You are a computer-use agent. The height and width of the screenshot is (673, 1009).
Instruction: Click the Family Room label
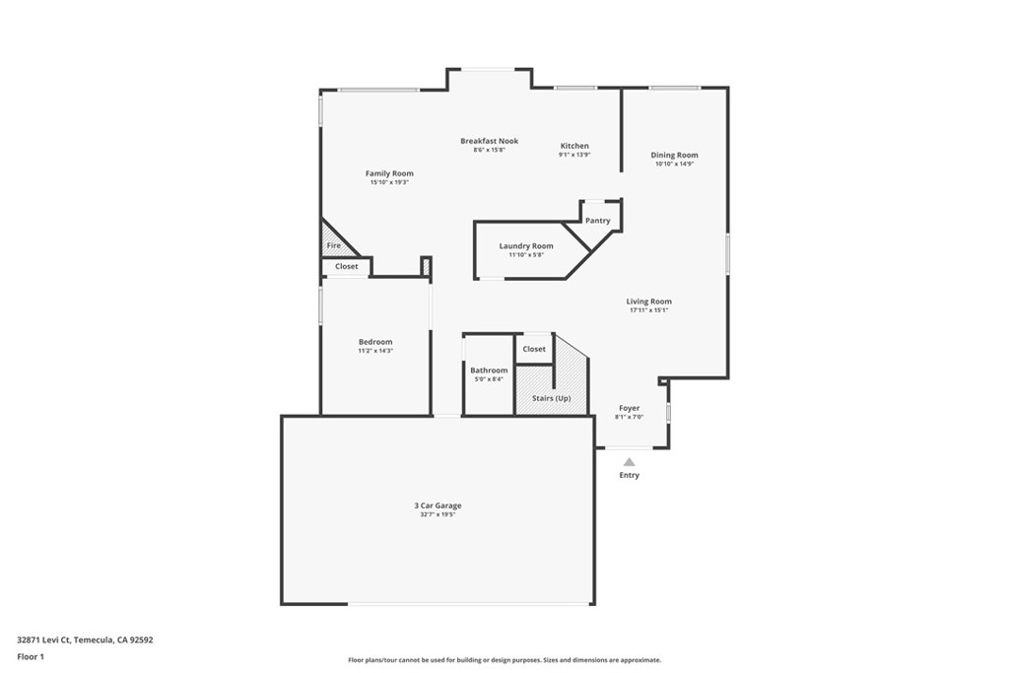pyautogui.click(x=389, y=173)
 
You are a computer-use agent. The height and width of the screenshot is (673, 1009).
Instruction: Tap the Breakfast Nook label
pyautogui.click(x=489, y=141)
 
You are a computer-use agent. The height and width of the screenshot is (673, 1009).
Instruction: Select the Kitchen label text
pyautogui.click(x=574, y=146)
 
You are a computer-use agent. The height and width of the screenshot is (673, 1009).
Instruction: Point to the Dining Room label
pyautogui.click(x=674, y=155)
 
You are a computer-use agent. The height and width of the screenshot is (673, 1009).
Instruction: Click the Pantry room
pyautogui.click(x=598, y=220)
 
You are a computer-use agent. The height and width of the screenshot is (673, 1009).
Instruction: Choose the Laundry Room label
pyautogui.click(x=526, y=245)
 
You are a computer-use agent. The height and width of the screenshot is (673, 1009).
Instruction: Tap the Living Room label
pyautogui.click(x=649, y=302)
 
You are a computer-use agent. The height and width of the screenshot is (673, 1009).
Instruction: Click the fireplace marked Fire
pyautogui.click(x=333, y=245)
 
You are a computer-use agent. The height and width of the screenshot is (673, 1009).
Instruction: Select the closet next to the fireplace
pyautogui.click(x=347, y=266)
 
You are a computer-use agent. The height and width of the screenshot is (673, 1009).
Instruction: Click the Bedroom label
pyautogui.click(x=375, y=342)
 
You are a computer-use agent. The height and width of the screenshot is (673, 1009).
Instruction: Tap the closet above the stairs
pyautogui.click(x=534, y=349)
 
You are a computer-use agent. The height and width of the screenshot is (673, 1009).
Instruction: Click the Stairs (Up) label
pyautogui.click(x=551, y=398)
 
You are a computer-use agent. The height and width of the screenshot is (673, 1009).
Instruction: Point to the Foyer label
pyautogui.click(x=629, y=408)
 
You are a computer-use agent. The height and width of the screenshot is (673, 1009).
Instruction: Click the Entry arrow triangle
pyautogui.click(x=629, y=461)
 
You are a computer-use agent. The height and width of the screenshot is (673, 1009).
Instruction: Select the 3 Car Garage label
pyautogui.click(x=437, y=505)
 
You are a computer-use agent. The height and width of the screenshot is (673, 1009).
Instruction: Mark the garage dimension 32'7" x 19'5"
pyautogui.click(x=437, y=514)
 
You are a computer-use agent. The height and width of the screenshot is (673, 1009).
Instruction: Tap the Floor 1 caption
pyautogui.click(x=31, y=656)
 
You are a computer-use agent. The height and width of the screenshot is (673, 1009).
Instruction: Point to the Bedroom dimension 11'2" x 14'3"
pyautogui.click(x=375, y=351)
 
